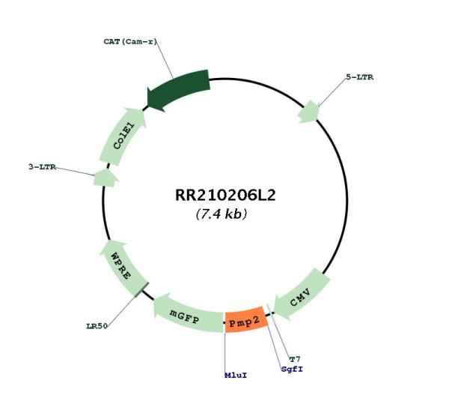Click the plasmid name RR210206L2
pyautogui.click(x=225, y=195)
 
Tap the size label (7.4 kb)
pyautogui.click(x=222, y=214)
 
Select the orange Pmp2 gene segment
pyautogui.click(x=246, y=319)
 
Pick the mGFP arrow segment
pyautogui.click(x=188, y=314)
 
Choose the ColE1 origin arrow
pyautogui.click(x=122, y=136)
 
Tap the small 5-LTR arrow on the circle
pyautogui.click(x=308, y=112)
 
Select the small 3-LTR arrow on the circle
pyautogui.click(x=106, y=178)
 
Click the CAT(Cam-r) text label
pyautogui.click(x=130, y=41)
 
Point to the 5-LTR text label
pyautogui.click(x=360, y=77)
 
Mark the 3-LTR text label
pyautogui.click(x=42, y=167)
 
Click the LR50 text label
pyautogui.click(x=97, y=326)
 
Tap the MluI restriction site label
pyautogui.click(x=236, y=376)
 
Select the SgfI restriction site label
pyautogui.click(x=292, y=369)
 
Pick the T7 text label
pyautogui.click(x=295, y=359)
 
